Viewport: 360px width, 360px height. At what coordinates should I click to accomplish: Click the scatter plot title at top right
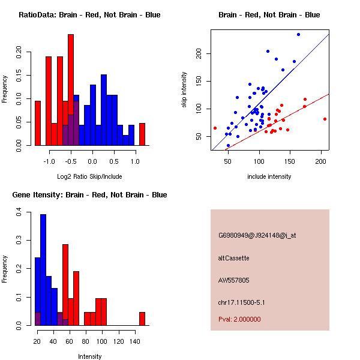269,15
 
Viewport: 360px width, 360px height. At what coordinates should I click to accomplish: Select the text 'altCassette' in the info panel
233,258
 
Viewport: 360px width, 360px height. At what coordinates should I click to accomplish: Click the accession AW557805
233,280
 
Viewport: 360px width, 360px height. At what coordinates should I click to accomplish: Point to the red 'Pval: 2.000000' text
239,319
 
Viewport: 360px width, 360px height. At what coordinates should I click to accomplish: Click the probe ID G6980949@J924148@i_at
257,235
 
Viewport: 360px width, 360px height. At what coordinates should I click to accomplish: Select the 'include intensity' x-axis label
269,176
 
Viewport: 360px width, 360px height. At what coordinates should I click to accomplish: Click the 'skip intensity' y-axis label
185,90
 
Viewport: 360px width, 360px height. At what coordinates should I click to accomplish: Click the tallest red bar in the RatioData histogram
71,90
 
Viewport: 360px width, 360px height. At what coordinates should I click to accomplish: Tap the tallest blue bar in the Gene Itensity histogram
43,270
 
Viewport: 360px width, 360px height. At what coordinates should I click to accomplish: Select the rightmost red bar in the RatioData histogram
142,134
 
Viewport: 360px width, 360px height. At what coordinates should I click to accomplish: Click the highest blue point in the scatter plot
298,34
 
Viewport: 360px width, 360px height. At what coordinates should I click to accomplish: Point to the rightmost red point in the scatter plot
325,119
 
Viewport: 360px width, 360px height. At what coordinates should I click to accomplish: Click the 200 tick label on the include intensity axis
322,161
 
